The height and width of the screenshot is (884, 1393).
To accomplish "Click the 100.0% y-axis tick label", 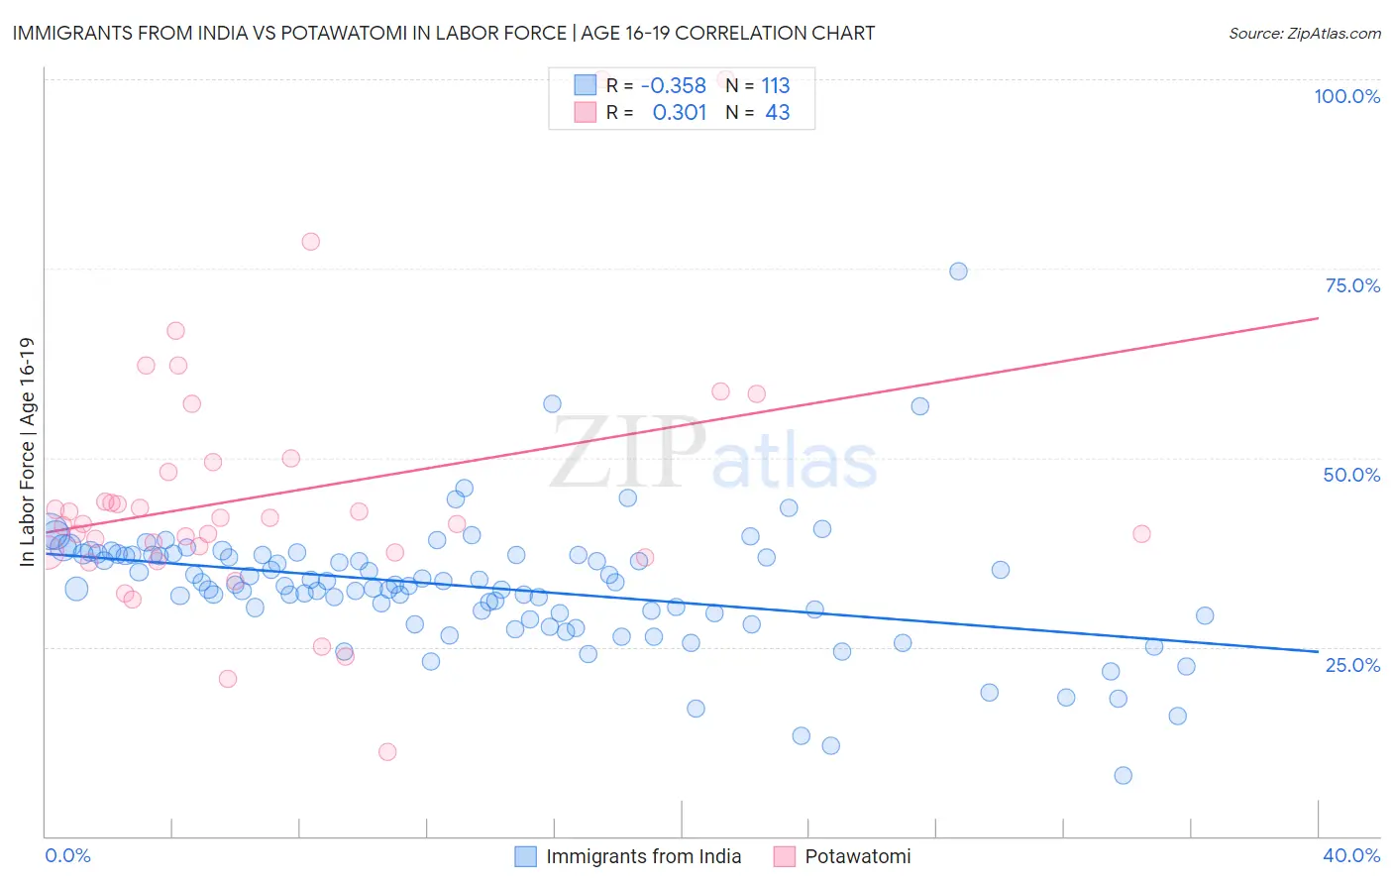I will [x=1346, y=96].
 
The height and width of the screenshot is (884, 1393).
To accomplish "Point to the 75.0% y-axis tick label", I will [x=1352, y=285].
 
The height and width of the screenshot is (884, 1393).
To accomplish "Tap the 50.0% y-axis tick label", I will [x=1351, y=475].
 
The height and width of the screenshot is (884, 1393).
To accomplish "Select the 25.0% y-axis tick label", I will [x=1352, y=665].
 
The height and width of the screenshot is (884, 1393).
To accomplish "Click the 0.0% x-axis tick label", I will [x=67, y=855].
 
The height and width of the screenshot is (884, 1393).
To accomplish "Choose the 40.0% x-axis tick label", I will [x=1351, y=855].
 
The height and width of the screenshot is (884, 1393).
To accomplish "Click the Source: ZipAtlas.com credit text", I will [x=1304, y=33].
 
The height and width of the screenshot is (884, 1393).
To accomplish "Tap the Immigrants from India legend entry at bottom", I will [x=643, y=856].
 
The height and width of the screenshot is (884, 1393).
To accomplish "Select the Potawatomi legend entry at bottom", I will [x=857, y=856].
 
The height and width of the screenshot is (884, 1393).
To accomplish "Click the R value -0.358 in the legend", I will [x=674, y=85].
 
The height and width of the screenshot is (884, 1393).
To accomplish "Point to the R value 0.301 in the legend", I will [x=680, y=112].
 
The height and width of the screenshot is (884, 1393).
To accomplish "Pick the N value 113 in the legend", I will [x=776, y=85].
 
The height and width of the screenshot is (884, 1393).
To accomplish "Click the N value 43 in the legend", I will [x=778, y=112].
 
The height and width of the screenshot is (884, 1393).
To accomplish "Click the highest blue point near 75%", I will [x=958, y=272].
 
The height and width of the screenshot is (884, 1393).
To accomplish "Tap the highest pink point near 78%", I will [x=310, y=242].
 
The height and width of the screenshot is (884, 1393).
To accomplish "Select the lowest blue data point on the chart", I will [x=1123, y=776].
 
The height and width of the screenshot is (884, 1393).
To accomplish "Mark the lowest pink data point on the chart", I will [x=387, y=752].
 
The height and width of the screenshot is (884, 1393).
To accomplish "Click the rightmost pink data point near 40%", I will [x=1141, y=534].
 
